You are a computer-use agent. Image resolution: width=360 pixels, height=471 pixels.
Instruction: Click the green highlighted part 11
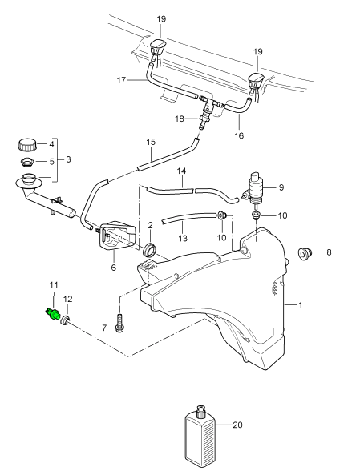(53, 315)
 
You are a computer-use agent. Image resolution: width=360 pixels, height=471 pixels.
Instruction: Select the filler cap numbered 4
(27, 145)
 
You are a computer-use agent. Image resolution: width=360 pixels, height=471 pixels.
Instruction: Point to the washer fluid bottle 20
(200, 437)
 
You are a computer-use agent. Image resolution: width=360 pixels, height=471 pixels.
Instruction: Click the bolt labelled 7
(119, 324)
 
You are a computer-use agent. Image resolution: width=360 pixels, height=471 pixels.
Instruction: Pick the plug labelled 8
(305, 253)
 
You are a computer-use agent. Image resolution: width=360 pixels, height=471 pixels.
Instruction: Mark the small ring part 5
(26, 163)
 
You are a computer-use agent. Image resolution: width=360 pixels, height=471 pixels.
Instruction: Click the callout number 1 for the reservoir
(300, 305)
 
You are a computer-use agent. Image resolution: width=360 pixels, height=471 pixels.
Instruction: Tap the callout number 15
(151, 142)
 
